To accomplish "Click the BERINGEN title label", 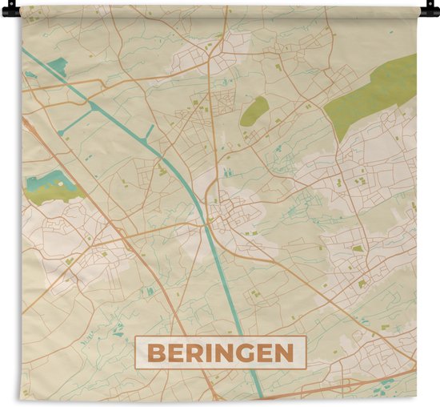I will coord(220,353).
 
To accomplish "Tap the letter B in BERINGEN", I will coord(158,353).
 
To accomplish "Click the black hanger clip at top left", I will coord(7,10).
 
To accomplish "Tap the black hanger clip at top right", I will coord(432,10).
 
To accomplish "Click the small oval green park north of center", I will coord(254,111).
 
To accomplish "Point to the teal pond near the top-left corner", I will coord(57,66).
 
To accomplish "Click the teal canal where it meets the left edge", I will coord(26,52).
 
